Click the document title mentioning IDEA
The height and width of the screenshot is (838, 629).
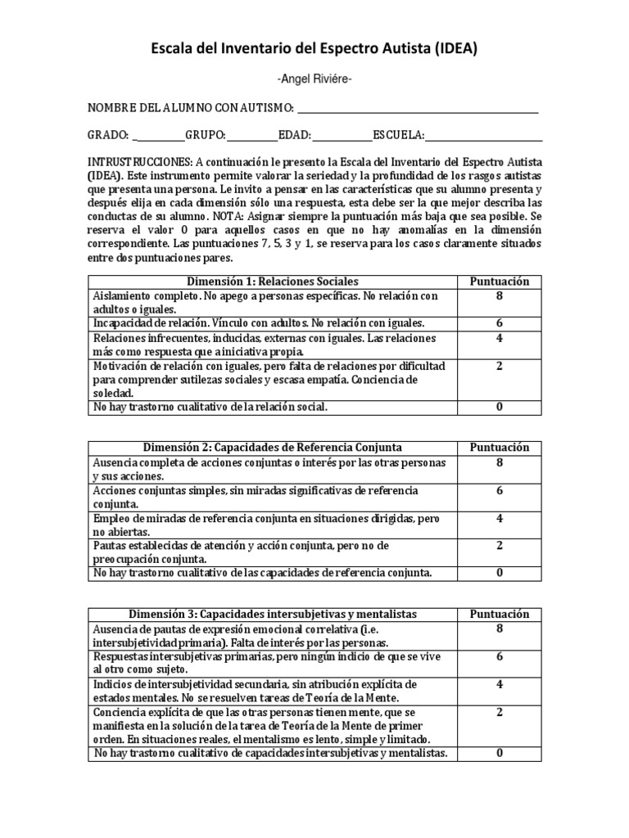point(314,50)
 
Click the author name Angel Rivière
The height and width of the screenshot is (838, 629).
point(314,79)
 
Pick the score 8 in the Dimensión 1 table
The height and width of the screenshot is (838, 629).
point(499,295)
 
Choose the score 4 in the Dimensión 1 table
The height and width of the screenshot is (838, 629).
point(499,338)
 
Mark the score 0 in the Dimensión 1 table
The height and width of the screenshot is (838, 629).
point(499,407)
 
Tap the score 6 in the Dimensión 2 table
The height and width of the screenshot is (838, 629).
point(499,490)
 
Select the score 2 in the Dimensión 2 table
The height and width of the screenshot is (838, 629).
point(499,545)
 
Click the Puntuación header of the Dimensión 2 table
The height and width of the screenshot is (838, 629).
point(499,448)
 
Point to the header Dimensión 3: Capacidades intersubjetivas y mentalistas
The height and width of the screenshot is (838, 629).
point(273,614)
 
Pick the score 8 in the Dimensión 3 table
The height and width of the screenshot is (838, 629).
point(499,628)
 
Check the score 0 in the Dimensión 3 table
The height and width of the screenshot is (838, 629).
point(499,753)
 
